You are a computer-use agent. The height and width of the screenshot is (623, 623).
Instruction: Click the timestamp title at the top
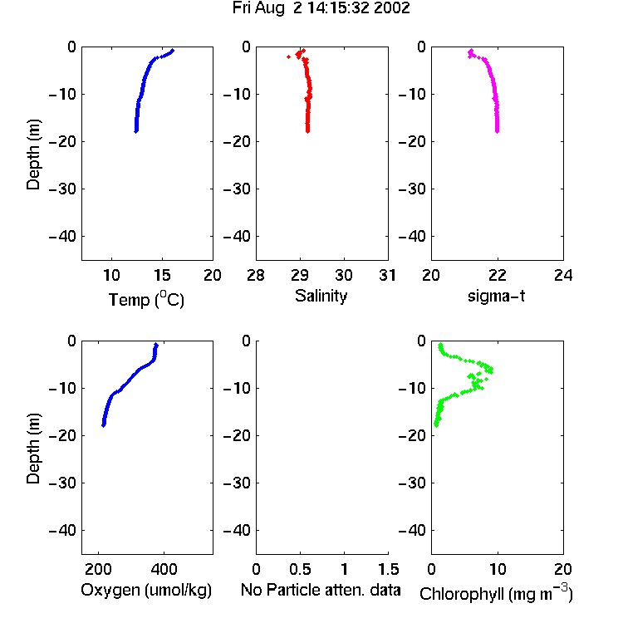point(321,8)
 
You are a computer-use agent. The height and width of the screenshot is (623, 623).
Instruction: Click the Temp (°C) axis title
point(146,299)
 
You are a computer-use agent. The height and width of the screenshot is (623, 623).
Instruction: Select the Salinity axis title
point(321,296)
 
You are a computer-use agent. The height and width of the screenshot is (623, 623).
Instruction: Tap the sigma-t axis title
point(496,296)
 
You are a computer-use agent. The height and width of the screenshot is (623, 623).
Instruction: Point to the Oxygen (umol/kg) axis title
point(146,590)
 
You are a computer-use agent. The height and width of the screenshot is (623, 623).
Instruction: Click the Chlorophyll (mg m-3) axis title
point(496,593)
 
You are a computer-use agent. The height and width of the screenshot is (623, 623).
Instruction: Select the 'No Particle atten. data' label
point(321,590)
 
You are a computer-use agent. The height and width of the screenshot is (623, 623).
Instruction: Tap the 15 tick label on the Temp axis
point(162,275)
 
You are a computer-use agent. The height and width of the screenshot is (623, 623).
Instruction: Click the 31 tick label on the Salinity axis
point(387,275)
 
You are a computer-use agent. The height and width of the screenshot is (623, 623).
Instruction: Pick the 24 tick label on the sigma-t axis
point(563,275)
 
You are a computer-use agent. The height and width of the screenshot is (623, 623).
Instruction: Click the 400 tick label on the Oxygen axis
point(164,569)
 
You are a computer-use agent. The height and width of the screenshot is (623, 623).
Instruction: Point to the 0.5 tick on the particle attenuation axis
point(300,569)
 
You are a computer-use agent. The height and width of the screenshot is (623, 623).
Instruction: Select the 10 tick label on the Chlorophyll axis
point(497,569)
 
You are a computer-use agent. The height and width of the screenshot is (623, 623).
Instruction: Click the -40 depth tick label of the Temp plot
point(62,237)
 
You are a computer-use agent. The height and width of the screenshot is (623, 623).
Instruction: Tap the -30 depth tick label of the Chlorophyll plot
point(412,483)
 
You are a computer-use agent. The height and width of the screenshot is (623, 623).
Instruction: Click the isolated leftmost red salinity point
point(288,57)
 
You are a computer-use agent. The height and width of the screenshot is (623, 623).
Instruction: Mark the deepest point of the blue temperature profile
point(136,131)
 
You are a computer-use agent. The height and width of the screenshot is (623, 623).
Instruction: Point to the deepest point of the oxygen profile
point(103,425)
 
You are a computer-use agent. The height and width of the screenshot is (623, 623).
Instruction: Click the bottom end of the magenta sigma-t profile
point(497,131)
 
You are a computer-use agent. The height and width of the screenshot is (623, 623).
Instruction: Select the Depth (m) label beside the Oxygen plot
point(33,448)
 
